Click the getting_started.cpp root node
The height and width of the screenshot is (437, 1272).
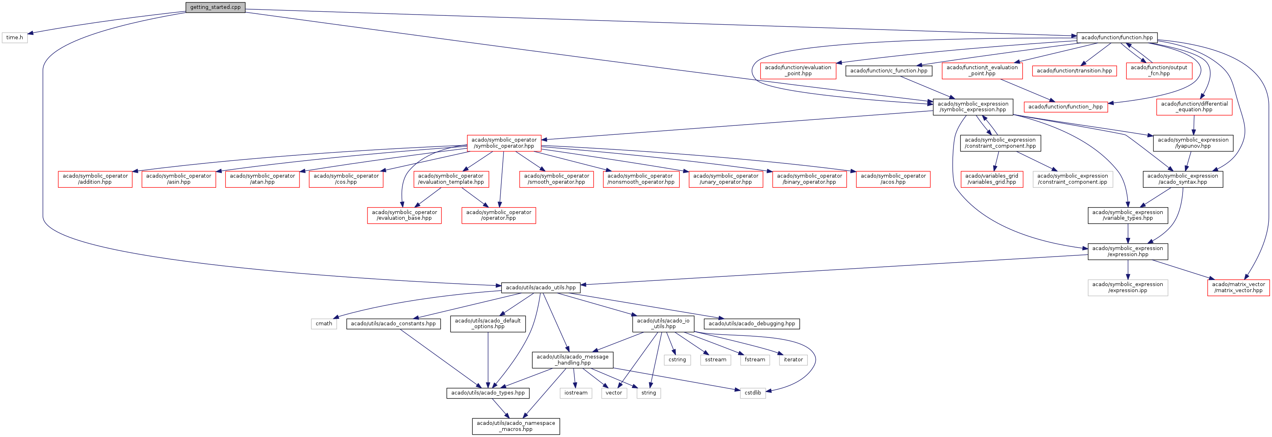215,7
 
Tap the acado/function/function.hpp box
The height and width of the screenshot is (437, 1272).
1117,38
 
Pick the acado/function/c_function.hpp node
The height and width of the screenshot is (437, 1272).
888,71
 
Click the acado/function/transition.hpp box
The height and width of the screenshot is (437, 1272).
1074,71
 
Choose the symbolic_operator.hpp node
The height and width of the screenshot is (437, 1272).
504,143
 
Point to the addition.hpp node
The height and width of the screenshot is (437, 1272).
95,179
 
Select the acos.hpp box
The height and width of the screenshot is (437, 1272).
893,179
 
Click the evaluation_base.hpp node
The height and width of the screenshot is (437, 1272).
404,215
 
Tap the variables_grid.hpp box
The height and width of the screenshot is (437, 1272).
992,179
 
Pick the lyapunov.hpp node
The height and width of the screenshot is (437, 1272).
1193,143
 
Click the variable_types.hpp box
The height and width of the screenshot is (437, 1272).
1128,215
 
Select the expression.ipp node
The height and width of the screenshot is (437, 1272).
1128,287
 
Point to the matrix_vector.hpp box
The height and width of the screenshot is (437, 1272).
1238,287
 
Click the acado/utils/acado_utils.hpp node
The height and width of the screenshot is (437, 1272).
540,287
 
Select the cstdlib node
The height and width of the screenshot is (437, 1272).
752,392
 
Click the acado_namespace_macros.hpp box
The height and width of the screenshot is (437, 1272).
516,426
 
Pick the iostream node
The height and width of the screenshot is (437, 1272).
576,392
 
